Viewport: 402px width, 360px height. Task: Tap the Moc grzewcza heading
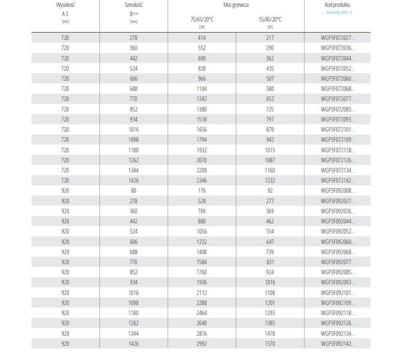(x=236, y=5)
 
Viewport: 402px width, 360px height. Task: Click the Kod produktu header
(x=337, y=5)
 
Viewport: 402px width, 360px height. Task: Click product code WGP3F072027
(x=337, y=38)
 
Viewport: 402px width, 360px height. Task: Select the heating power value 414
(x=202, y=38)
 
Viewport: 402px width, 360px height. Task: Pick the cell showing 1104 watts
(x=202, y=89)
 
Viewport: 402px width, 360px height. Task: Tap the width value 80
(x=133, y=190)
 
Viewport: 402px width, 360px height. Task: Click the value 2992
(x=202, y=343)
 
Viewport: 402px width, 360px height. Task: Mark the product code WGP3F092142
(x=337, y=343)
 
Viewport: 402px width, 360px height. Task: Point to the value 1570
(x=270, y=343)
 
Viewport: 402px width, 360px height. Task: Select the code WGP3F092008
(x=337, y=190)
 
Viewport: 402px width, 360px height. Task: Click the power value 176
(x=202, y=190)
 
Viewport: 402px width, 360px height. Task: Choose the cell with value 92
(x=270, y=190)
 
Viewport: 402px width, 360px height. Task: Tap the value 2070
(x=202, y=160)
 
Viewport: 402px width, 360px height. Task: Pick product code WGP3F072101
(x=337, y=129)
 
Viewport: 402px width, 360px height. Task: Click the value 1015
(x=270, y=150)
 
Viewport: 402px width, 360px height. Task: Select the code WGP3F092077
(x=337, y=262)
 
